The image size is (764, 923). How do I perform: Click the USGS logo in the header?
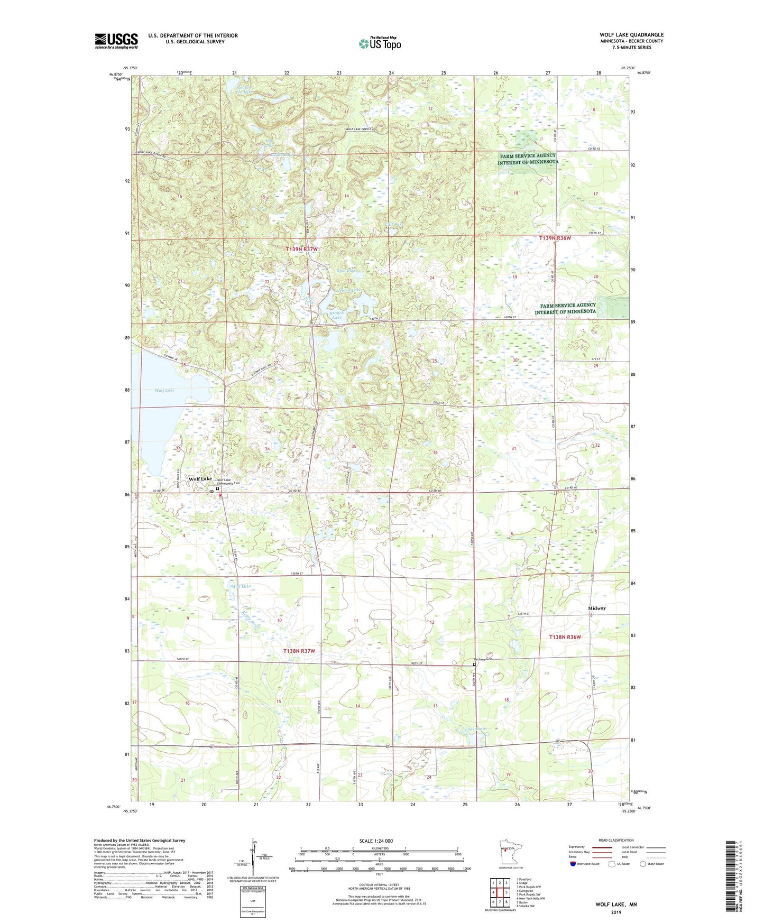coord(116,41)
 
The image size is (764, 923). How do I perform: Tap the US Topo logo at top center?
coord(380,43)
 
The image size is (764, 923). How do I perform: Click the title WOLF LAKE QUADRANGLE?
coord(631,35)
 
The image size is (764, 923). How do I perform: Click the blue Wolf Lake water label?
coord(164,390)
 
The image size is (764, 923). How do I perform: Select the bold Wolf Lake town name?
coord(200,479)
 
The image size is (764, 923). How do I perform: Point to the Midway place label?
coord(597,608)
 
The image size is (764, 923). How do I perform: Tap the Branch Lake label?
coord(336,315)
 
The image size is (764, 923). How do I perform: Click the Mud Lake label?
coord(241,587)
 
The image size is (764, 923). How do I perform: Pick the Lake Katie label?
coord(475,730)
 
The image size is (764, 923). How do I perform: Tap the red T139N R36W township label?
coord(555,238)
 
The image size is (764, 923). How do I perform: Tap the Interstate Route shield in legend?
coord(574,864)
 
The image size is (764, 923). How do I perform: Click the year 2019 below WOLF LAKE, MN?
coord(616,912)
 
